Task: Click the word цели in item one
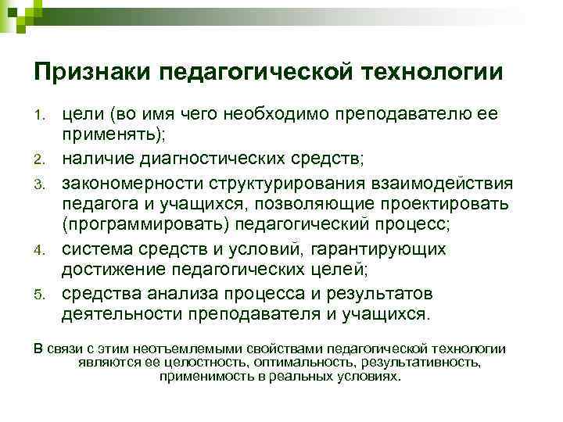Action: tap(84, 115)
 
